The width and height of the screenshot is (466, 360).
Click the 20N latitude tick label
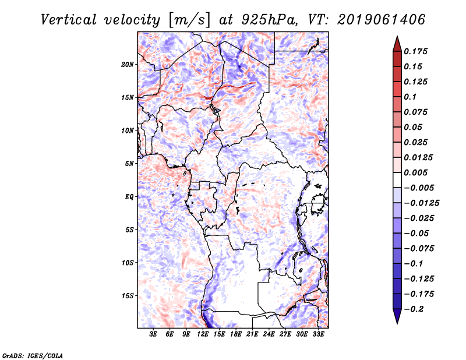point(128,64)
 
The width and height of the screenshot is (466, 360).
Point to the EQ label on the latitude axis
point(130,197)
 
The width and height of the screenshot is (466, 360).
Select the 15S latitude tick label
point(128,296)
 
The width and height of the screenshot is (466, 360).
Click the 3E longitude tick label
point(153,335)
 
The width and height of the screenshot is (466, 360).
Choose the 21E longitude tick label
point(252,335)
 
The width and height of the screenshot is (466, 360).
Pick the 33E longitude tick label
point(319,335)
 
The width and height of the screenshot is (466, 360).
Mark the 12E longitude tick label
point(203,335)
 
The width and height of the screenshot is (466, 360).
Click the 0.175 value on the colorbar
point(416,51)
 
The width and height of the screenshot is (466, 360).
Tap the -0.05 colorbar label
point(416,233)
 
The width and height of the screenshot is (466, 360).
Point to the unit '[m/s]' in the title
point(189,20)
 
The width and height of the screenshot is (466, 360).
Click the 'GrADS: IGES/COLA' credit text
point(33,355)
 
